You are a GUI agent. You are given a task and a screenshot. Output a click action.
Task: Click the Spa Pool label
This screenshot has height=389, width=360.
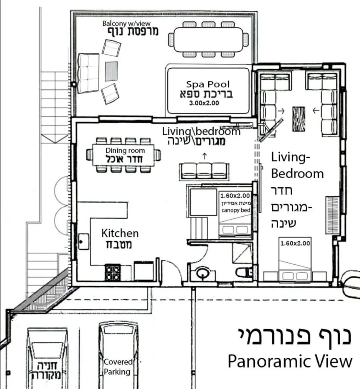[x=208, y=84]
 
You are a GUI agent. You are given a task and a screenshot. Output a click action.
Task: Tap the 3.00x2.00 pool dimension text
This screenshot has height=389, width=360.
[x=204, y=103]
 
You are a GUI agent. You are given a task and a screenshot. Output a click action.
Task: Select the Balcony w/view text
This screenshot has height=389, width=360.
[x=126, y=23]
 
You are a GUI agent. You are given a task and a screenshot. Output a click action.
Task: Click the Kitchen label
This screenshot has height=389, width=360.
[x=120, y=233]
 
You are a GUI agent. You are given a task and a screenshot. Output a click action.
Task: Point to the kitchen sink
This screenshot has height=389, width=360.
[x=83, y=242]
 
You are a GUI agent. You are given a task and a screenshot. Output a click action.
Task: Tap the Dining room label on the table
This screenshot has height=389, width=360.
[x=125, y=150]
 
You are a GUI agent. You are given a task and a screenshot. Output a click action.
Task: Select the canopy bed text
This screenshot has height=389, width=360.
[x=235, y=210]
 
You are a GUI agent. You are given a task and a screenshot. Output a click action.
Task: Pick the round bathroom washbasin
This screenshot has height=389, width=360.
[x=202, y=273]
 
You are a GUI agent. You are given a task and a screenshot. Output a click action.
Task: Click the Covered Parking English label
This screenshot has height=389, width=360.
[x=117, y=367]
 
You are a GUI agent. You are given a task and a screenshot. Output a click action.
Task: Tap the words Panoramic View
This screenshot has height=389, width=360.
[x=290, y=361]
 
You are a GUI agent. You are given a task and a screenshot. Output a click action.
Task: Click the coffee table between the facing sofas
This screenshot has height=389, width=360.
[x=299, y=119]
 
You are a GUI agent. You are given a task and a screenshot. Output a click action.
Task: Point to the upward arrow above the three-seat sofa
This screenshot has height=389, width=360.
[x=205, y=155]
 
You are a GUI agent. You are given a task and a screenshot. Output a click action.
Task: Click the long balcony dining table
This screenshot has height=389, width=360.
[x=209, y=39]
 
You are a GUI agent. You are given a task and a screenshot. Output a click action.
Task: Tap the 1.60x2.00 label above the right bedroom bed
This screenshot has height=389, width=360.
[x=295, y=243]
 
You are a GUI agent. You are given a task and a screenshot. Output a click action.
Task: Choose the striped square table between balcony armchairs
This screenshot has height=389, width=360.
[x=111, y=71]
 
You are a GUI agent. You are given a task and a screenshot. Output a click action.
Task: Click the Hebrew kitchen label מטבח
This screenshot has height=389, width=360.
[x=119, y=244]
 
